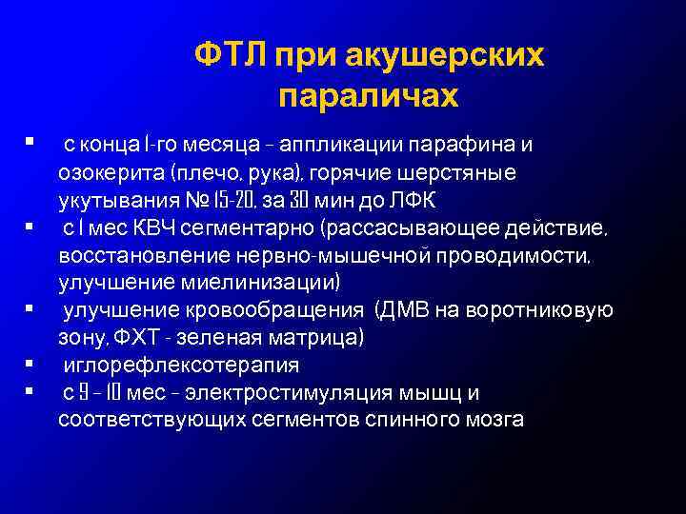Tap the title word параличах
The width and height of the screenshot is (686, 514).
(369, 97)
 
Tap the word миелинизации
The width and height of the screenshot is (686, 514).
(268, 284)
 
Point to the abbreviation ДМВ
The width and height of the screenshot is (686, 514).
(411, 310)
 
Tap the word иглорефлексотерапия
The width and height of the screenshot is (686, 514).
(181, 365)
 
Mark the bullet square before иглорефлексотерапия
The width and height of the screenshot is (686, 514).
(31, 364)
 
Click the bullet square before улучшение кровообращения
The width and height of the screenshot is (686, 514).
(31, 309)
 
